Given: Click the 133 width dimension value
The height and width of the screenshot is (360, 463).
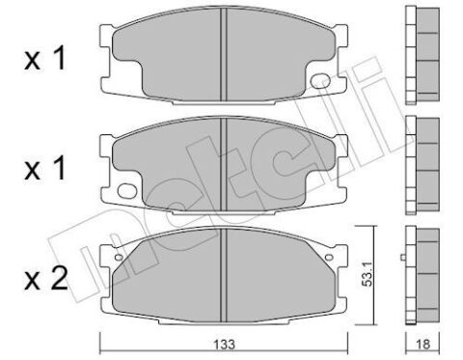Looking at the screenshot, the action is click(x=224, y=345).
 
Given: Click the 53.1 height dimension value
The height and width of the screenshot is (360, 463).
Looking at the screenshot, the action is click(x=367, y=273).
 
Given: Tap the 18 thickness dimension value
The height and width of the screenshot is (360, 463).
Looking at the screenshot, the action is click(x=422, y=345).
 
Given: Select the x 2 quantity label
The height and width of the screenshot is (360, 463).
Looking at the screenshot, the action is click(x=46, y=279).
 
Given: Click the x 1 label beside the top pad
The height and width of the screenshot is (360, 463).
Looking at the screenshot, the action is click(x=45, y=59).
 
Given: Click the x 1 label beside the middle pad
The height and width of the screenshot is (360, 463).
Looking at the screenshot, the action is click(x=45, y=168).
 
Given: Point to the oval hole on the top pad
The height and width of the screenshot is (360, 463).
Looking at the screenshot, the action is click(x=321, y=81).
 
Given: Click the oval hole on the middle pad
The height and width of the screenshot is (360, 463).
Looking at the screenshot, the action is click(x=126, y=190).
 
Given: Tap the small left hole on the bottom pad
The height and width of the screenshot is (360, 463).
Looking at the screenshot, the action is click(x=119, y=257).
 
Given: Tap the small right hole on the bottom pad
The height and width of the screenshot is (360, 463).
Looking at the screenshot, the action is click(x=329, y=257).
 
